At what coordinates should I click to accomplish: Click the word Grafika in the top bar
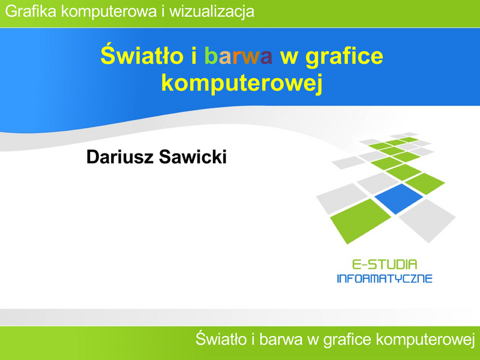(31, 11)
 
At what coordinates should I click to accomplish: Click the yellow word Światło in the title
(142, 55)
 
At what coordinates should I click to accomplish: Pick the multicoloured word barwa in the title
(238, 56)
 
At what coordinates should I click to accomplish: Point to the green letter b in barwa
(211, 56)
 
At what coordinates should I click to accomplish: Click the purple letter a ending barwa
(266, 58)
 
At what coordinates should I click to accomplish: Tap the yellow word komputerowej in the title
(242, 83)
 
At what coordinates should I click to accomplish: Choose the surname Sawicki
(193, 157)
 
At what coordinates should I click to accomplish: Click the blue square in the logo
(398, 199)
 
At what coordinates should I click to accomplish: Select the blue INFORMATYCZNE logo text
(385, 278)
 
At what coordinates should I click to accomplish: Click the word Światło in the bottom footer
(221, 339)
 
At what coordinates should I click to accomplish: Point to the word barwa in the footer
(281, 340)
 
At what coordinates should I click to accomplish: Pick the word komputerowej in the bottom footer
(425, 340)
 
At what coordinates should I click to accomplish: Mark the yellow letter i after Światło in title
(194, 56)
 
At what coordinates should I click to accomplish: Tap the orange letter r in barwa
(237, 58)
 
